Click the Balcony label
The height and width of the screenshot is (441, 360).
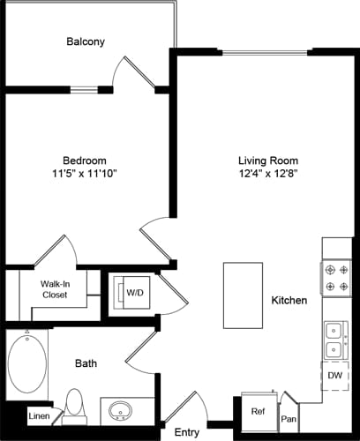click(86, 41)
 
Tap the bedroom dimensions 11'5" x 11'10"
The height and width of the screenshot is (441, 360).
click(86, 174)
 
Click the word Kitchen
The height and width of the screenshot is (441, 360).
click(289, 301)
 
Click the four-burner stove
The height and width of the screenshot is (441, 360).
click(336, 276)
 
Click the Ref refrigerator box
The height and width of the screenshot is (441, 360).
click(259, 412)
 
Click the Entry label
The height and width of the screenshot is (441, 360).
click(186, 432)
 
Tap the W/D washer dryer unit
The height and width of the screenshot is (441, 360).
click(135, 293)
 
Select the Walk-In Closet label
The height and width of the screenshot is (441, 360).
click(55, 289)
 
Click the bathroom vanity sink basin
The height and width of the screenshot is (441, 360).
click(120, 411)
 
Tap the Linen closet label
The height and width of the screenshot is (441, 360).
click(39, 415)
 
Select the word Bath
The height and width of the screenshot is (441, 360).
click(86, 363)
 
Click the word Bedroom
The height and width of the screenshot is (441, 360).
click(86, 161)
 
